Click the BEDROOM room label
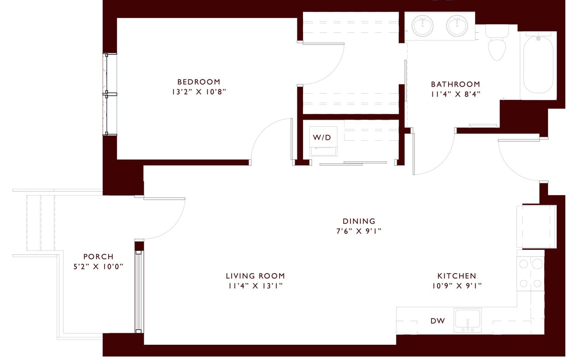click(199, 82)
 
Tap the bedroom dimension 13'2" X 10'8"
click(199, 92)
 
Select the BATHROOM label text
click(455, 84)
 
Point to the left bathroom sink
click(423, 26)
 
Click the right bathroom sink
click(457, 26)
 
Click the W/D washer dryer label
click(322, 137)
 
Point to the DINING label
click(359, 221)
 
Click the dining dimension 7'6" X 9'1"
click(359, 231)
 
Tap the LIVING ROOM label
click(255, 276)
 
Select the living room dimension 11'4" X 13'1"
click(255, 286)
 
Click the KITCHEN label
click(456, 276)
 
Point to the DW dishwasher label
click(437, 321)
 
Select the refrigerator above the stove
click(536, 227)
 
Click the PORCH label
click(98, 257)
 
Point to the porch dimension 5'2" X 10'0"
click(98, 267)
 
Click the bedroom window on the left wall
click(110, 94)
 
